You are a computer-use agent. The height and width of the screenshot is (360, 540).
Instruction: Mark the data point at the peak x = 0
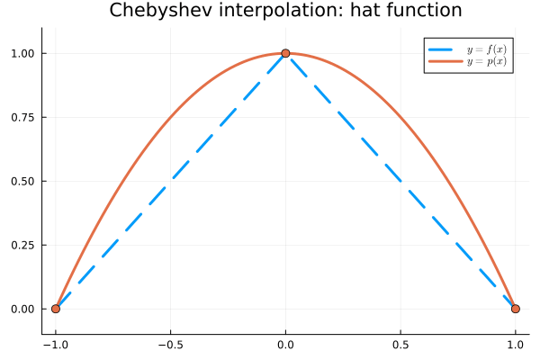pyautogui.click(x=285, y=53)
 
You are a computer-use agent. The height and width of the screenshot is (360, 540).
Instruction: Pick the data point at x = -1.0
pyautogui.click(x=56, y=309)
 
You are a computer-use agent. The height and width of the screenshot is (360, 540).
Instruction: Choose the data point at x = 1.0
pyautogui.click(x=516, y=309)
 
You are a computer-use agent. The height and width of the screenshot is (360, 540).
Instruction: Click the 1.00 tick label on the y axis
pyautogui.click(x=22, y=53)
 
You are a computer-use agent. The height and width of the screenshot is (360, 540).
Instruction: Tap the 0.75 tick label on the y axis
pyautogui.click(x=22, y=117)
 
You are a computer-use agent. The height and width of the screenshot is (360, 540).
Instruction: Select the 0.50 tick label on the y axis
pyautogui.click(x=22, y=181)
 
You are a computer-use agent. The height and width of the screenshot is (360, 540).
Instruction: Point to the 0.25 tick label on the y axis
pyautogui.click(x=22, y=245)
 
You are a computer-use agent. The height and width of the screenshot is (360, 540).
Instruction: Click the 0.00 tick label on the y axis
pyautogui.click(x=22, y=309)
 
